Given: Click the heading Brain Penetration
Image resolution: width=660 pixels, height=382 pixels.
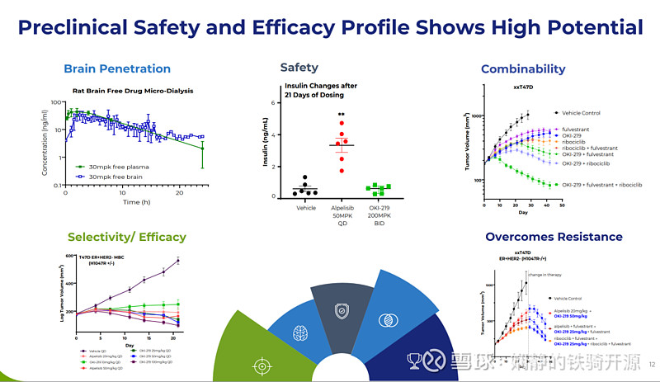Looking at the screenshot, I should click(x=117, y=68).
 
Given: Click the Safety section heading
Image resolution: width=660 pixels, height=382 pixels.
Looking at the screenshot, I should click(x=299, y=67).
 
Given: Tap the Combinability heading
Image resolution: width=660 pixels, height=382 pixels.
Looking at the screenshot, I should click(x=522, y=68).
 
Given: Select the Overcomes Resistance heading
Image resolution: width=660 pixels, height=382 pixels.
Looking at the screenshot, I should click(x=554, y=237).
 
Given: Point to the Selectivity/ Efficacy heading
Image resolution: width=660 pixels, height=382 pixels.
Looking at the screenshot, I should click(x=127, y=237).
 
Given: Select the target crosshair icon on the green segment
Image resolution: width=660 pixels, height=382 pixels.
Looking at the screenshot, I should click(x=262, y=363).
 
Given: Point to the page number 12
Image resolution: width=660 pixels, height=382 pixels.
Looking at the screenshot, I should click(x=651, y=364).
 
